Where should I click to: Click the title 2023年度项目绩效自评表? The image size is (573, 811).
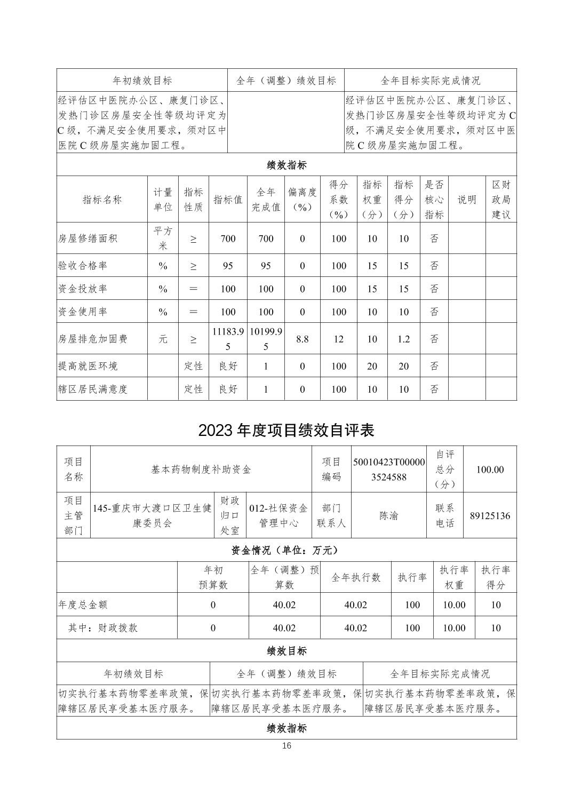point(286,430)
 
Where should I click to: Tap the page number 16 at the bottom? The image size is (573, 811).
point(286,746)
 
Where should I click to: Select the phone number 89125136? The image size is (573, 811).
point(490,515)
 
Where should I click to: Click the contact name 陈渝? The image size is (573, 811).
point(388,515)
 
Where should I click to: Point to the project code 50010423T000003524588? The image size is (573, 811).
point(389,470)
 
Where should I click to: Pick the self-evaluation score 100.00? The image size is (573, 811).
point(490,470)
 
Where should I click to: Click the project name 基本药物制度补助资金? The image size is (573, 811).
point(201,470)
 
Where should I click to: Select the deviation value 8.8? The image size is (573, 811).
point(302,339)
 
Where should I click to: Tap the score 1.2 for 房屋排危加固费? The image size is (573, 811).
point(403,339)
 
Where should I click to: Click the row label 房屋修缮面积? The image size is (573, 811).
point(87,238)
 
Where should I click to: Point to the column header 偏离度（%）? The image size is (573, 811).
point(302,200)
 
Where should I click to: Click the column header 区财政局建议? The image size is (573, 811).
point(501,200)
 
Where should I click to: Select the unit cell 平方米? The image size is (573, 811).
point(163,238)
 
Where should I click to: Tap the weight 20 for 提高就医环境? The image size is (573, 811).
point(372,366)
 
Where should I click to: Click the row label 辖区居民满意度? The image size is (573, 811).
point(93,389)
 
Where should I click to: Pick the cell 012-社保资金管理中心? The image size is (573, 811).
point(278,515)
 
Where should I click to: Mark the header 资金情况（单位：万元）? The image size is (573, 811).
point(286,550)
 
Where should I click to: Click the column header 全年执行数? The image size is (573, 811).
point(356,577)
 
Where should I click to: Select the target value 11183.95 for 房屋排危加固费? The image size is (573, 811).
point(228,339)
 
